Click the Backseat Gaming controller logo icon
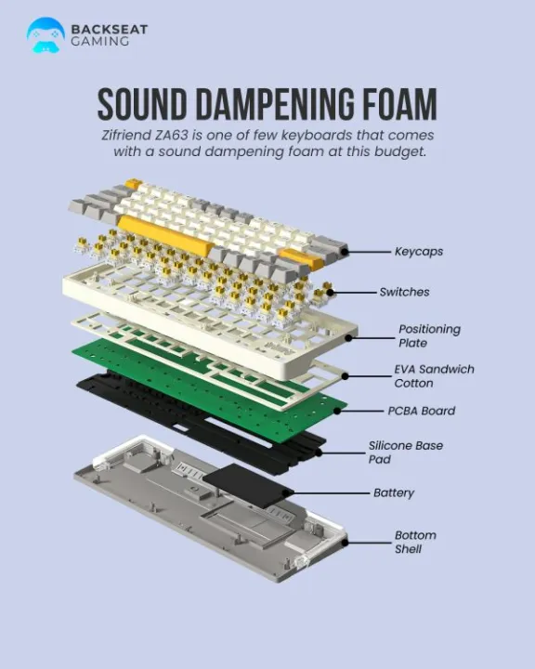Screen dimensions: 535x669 [x=46, y=35]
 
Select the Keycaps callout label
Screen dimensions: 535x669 [x=419, y=252]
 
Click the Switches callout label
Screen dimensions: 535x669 [x=404, y=292]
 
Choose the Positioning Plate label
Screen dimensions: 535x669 [x=429, y=335]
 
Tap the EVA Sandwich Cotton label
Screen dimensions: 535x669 [x=434, y=376]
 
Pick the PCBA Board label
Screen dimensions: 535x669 [x=421, y=411]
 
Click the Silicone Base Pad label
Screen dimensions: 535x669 [x=405, y=453]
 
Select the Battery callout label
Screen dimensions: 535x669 [x=394, y=492]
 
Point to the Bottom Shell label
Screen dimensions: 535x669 [x=415, y=542]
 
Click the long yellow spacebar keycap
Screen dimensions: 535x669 [x=165, y=235]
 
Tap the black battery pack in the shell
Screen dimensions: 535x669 [x=248, y=485]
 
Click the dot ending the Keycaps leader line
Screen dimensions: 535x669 [x=345, y=252]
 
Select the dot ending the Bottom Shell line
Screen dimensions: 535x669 [x=345, y=543]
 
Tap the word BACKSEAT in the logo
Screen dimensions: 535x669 [x=110, y=30]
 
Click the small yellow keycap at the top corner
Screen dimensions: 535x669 [x=133, y=183]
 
